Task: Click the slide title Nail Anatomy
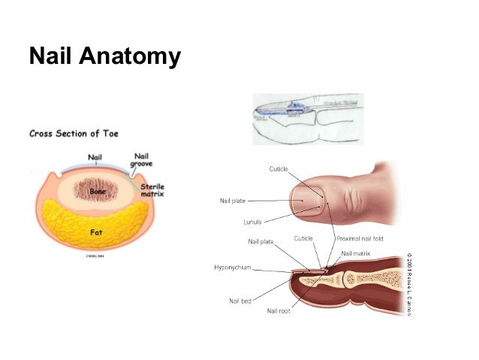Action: pyautogui.click(x=104, y=56)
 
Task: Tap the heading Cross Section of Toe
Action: pyautogui.click(x=73, y=135)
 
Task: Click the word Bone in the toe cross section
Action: pyautogui.click(x=97, y=192)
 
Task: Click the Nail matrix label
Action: pyautogui.click(x=357, y=254)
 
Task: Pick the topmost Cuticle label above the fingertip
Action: pyautogui.click(x=279, y=168)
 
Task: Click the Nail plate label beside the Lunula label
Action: pyautogui.click(x=233, y=201)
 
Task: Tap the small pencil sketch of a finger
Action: pyautogui.click(x=307, y=119)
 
